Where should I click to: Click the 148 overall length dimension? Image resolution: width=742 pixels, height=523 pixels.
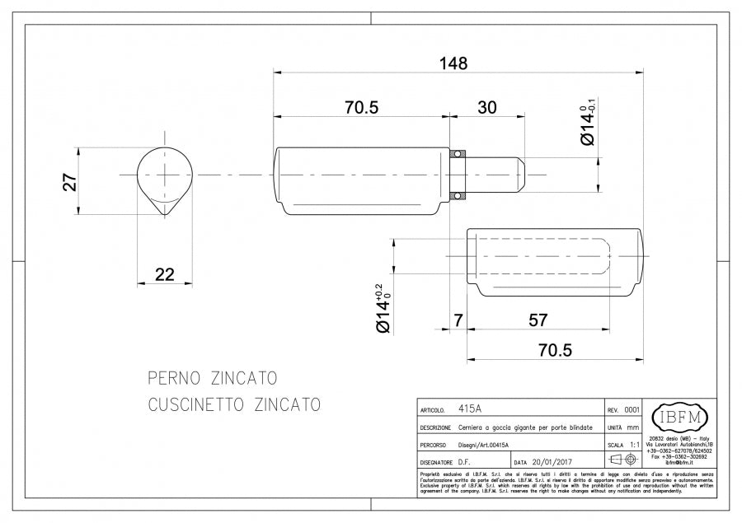[x=453, y=63]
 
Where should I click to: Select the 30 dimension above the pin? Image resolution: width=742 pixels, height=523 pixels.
[x=487, y=107]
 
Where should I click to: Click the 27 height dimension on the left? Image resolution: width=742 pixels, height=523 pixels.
[x=71, y=182]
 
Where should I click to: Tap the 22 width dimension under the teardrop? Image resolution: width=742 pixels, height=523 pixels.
[x=164, y=274]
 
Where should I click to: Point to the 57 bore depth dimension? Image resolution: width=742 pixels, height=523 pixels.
[x=538, y=320]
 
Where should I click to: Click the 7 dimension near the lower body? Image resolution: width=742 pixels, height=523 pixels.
[x=458, y=320]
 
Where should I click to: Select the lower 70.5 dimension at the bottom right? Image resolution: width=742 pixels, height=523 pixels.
[x=555, y=349]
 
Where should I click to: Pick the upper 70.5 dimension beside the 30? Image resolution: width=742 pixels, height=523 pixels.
[x=361, y=107]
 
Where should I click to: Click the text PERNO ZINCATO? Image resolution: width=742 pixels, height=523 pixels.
[x=212, y=379]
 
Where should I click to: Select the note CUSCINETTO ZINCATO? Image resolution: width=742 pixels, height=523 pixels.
[x=233, y=405]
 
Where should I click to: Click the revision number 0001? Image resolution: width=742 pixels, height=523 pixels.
[x=632, y=409]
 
